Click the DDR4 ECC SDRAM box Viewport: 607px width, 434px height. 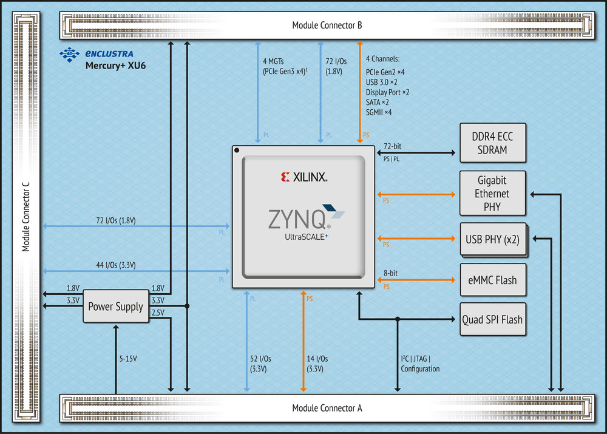coord(492,143)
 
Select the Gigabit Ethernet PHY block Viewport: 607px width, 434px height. coord(492,193)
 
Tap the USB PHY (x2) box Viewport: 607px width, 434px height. coord(493,240)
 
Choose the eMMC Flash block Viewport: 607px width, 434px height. coord(492,280)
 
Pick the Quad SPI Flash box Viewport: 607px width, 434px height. coord(492,319)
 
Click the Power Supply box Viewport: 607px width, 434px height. coord(116,307)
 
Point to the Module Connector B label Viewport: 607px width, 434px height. coord(327,25)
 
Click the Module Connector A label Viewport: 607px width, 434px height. coord(327,408)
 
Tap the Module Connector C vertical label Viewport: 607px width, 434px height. coord(25,217)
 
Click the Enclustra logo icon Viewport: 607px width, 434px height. coord(70,55)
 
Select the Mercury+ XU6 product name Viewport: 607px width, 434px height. coord(115,66)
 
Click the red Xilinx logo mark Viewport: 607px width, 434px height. coord(285,177)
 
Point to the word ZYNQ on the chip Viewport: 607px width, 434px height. coord(297,219)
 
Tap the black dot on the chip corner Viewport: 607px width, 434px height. coord(237,150)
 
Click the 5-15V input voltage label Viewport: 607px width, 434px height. coord(128,359)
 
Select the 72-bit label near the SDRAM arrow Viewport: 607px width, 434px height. coord(392,146)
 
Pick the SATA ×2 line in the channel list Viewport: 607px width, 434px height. coord(378,102)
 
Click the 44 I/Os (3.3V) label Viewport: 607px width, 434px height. coord(116,265)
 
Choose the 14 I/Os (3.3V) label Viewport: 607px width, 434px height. coord(317,364)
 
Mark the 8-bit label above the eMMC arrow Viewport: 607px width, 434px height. coord(390,273)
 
